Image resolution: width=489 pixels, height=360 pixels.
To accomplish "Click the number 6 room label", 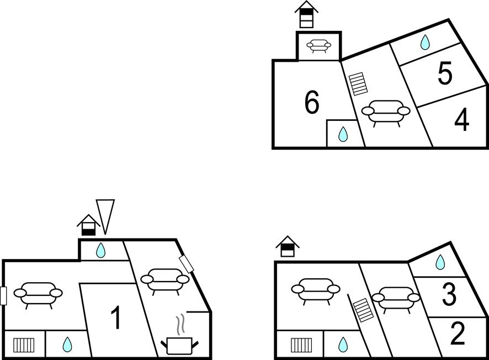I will (312, 103).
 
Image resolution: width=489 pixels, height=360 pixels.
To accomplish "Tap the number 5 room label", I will (445, 74).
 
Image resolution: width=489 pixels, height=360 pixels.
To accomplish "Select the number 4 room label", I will (461, 120).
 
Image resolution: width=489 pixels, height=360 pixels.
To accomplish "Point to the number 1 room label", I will (116, 318).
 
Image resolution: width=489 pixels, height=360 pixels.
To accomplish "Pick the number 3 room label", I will (449, 295).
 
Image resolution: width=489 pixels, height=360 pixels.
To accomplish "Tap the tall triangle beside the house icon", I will (105, 215).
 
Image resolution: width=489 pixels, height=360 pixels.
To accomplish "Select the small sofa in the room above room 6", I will (318, 46).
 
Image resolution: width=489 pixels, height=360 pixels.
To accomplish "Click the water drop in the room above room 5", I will (425, 43).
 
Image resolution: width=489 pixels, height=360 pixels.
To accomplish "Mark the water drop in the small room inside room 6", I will (343, 134).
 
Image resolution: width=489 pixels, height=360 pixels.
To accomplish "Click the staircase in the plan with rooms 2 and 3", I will (363, 310).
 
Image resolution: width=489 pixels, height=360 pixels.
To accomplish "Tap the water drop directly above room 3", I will (440, 262).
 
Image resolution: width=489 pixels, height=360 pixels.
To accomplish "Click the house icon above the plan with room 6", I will (306, 14).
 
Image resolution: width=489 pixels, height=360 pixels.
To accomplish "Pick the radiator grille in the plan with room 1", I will (24, 345).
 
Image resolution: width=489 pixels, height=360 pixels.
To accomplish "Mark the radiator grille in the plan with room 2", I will (301, 345).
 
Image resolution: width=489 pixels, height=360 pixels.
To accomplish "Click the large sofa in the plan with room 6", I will (386, 112).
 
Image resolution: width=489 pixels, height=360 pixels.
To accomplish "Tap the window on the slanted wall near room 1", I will (187, 264).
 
